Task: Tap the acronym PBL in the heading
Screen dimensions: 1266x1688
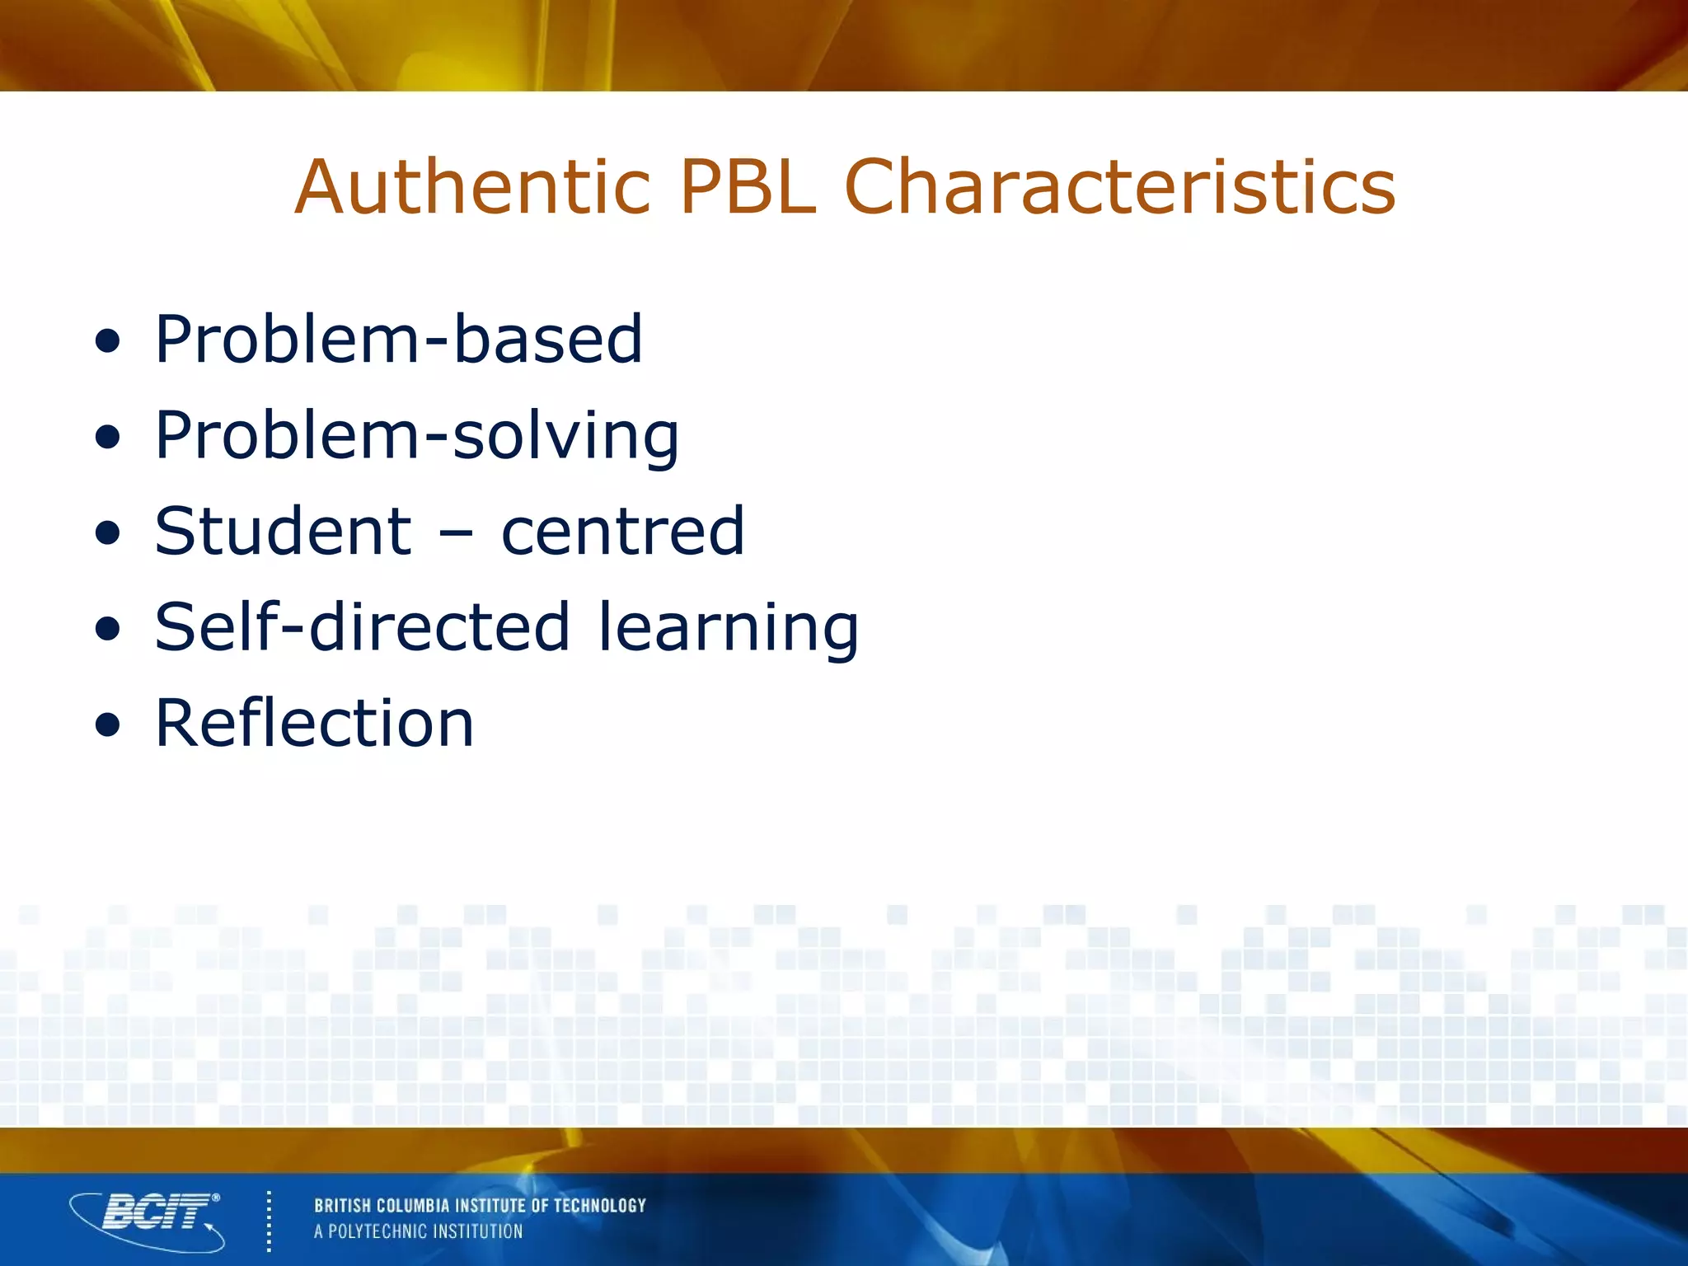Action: coord(747,188)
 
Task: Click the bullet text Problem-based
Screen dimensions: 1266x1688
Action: coord(398,339)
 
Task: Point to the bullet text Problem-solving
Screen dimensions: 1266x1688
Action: coord(416,437)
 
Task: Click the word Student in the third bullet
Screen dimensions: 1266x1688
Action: coord(283,532)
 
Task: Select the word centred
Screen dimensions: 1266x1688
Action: coord(622,532)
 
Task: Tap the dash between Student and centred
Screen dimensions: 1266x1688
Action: coord(456,534)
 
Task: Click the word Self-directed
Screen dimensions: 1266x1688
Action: coord(362,627)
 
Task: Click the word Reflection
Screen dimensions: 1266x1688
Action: coord(314,724)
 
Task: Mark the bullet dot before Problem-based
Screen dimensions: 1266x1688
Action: coord(107,341)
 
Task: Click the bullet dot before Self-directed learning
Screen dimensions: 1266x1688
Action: coord(107,630)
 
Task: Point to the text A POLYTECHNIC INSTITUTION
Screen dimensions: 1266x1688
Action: coord(418,1231)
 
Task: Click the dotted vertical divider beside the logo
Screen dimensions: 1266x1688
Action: coord(269,1221)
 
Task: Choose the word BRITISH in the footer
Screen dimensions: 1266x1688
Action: coord(343,1206)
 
